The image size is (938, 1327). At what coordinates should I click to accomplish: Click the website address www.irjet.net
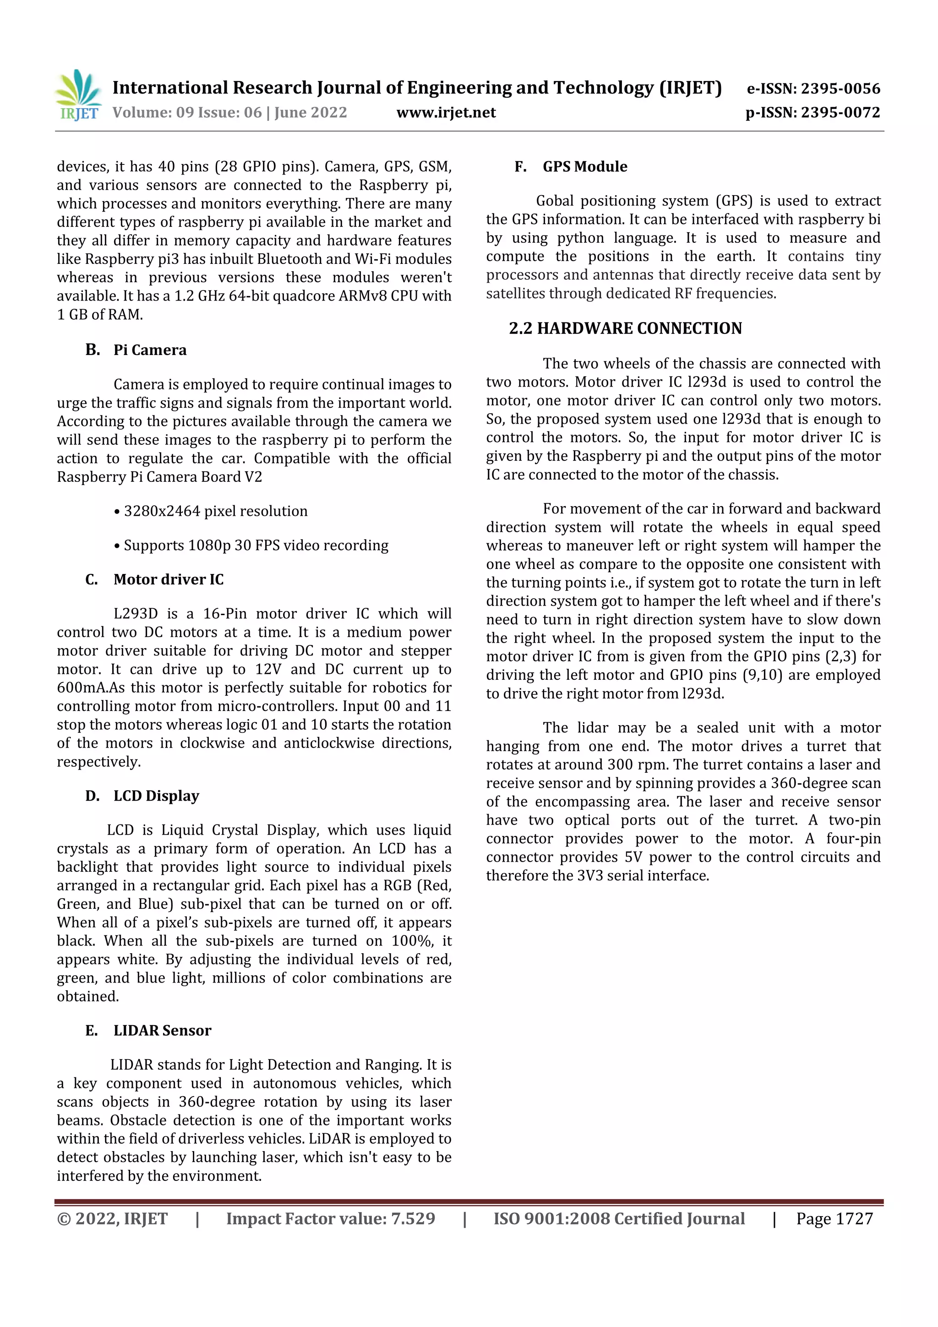[446, 113]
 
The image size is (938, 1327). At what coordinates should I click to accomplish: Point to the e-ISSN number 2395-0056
[840, 88]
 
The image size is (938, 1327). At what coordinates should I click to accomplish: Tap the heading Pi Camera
[150, 350]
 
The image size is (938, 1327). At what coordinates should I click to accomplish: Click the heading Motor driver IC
[168, 580]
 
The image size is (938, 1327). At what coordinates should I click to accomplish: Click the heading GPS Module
[584, 167]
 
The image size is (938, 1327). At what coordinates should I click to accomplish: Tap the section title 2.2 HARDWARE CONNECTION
[625, 328]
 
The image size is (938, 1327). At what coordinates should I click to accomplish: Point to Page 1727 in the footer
[834, 1219]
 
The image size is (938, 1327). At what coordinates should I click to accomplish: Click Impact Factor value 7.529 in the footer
[330, 1219]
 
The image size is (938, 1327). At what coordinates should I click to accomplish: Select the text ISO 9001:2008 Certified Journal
[618, 1219]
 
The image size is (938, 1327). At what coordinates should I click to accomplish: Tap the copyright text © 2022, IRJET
[112, 1219]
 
